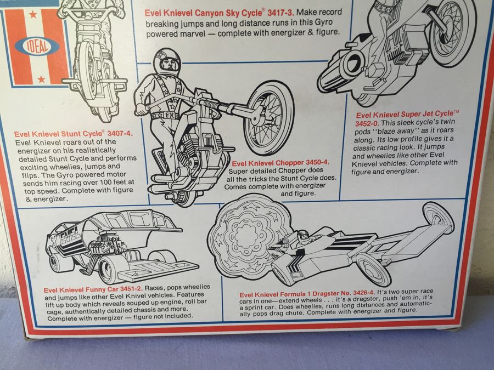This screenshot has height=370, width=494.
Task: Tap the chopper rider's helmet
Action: (x=166, y=60)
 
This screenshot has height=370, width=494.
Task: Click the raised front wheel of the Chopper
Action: (x=268, y=117)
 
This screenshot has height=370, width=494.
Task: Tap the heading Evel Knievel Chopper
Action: (x=266, y=163)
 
